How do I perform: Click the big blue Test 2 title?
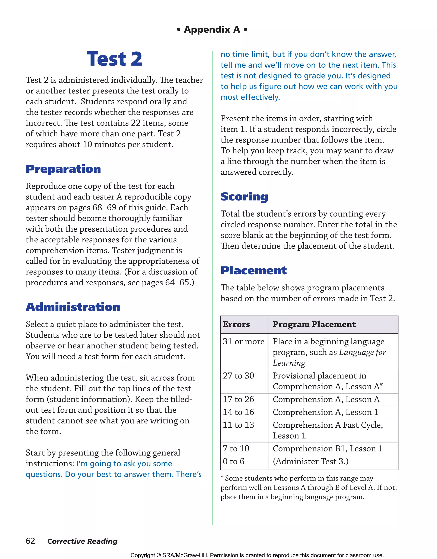(114, 59)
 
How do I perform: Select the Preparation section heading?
(63, 169)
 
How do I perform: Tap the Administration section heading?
(73, 307)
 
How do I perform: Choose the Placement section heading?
(253, 271)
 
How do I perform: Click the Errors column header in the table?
(236, 324)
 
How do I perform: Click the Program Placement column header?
(314, 324)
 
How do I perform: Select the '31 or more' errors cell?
(243, 341)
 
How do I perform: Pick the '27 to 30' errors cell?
(238, 376)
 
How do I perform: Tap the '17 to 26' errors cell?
(238, 399)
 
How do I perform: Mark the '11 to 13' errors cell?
(238, 425)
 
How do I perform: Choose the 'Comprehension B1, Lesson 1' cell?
(328, 448)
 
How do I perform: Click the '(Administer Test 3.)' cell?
(310, 461)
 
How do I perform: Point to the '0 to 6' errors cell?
(233, 461)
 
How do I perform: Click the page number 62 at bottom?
(31, 541)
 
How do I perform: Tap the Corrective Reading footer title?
(82, 541)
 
